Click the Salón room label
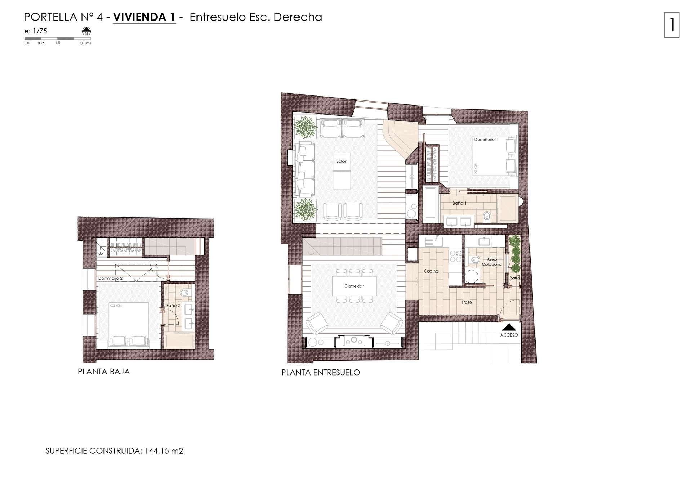pos(342,161)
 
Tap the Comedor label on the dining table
pos(354,286)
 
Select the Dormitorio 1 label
pos(485,140)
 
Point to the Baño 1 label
pos(459,203)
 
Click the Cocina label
pos(431,271)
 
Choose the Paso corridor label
pos(467,302)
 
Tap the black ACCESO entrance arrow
pos(509,327)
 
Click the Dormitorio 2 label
pos(110,278)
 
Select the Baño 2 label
pos(173,306)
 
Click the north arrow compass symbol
pos(86,31)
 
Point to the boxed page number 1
pos(671,25)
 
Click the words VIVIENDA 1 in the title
pos(144,17)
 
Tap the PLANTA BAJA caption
pos(104,372)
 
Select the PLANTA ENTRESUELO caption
pos(320,373)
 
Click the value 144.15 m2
pos(164,451)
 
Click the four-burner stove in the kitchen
pos(456,256)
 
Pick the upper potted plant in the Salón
pos(305,127)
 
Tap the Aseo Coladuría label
pos(492,262)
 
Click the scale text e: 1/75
pos(36,31)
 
